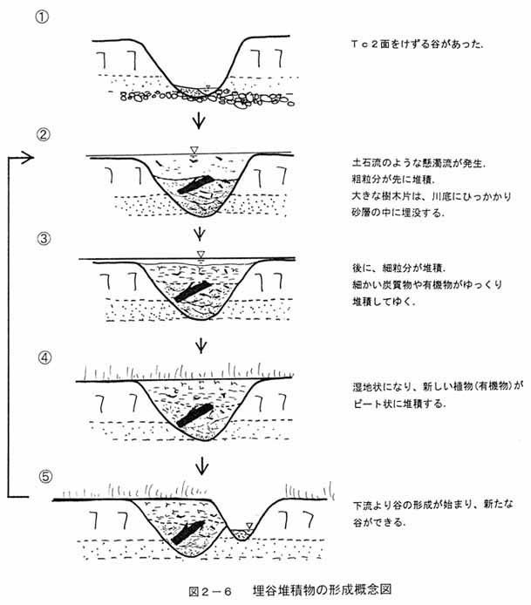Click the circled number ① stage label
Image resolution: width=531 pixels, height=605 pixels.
click(x=42, y=17)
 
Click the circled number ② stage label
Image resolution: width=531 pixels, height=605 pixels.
click(x=44, y=134)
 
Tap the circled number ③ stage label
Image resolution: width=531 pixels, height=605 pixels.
click(x=44, y=239)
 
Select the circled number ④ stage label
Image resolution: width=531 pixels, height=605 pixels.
click(x=44, y=357)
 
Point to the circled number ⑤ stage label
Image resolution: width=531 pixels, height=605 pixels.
click(x=45, y=477)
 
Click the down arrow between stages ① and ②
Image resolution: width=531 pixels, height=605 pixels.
click(x=199, y=120)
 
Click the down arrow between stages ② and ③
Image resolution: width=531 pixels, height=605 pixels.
click(x=200, y=233)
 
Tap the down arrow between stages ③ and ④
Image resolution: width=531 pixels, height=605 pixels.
click(x=201, y=345)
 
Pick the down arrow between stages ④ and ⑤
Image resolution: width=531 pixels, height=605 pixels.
click(x=201, y=465)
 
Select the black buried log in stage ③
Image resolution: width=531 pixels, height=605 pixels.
click(x=193, y=291)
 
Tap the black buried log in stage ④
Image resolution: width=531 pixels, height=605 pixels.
click(x=195, y=415)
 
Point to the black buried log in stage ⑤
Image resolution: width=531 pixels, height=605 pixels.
click(x=187, y=533)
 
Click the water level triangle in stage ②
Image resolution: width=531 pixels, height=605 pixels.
click(x=194, y=150)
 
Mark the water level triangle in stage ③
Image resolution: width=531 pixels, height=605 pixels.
click(x=201, y=254)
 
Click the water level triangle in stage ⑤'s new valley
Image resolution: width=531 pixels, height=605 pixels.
click(x=249, y=526)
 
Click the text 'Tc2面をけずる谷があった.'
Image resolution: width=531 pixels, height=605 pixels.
click(x=417, y=44)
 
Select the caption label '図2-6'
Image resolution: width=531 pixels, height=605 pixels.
click(x=210, y=591)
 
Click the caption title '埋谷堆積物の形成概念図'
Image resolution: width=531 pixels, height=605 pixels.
click(x=323, y=590)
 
